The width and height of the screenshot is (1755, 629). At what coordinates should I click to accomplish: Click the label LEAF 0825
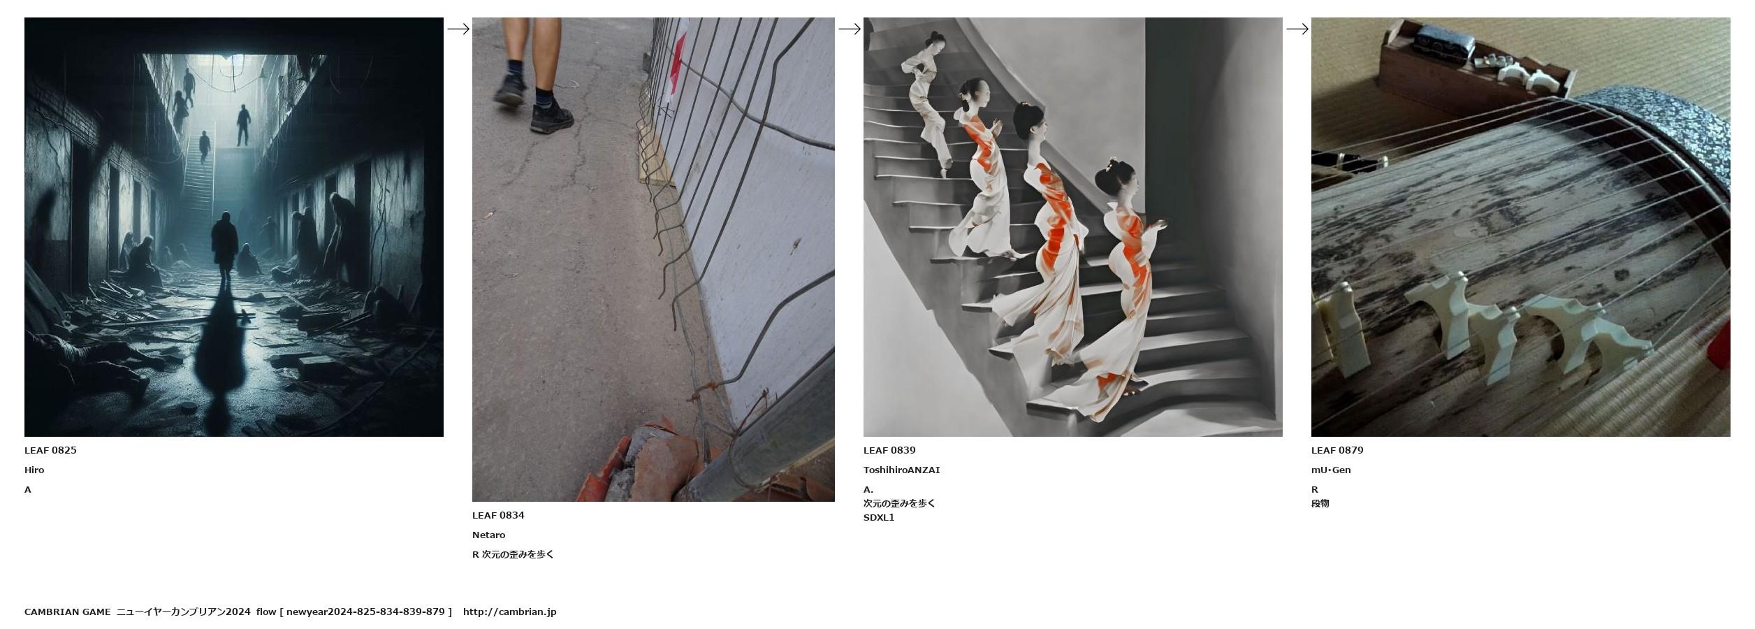click(x=50, y=450)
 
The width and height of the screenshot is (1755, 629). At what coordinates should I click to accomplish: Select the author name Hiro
click(x=34, y=470)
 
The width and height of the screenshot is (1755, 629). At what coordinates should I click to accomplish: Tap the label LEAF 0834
click(x=498, y=515)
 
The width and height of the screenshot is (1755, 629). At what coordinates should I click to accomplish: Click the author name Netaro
click(x=488, y=535)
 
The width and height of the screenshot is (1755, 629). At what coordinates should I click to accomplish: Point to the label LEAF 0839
click(x=889, y=450)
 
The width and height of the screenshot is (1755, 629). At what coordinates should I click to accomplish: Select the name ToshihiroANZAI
click(x=901, y=470)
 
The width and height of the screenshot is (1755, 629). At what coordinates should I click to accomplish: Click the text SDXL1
click(x=879, y=517)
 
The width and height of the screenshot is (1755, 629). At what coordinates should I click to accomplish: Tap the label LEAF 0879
click(x=1337, y=450)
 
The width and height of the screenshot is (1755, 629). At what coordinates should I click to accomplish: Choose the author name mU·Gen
click(x=1331, y=470)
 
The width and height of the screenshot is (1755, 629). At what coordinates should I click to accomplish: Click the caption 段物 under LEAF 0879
click(x=1320, y=503)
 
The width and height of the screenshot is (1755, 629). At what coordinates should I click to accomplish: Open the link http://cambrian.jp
click(x=509, y=612)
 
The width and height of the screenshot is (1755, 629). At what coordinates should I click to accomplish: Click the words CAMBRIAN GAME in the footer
click(x=67, y=612)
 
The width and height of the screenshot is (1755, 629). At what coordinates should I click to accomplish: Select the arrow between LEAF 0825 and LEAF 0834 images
click(x=458, y=29)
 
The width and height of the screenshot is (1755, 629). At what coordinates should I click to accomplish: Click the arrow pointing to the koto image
click(x=1297, y=29)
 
